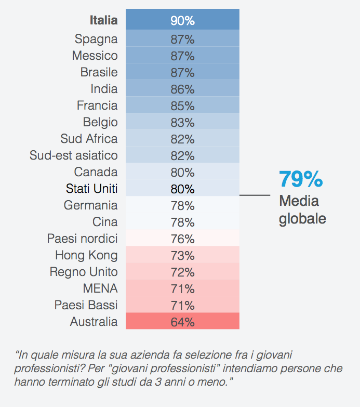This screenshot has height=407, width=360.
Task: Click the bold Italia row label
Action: click(x=103, y=21)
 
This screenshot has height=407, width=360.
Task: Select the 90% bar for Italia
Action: click(x=182, y=21)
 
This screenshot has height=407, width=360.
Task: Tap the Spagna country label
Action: click(x=96, y=39)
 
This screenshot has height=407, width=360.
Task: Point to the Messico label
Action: click(x=95, y=56)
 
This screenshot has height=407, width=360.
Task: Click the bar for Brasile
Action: click(x=182, y=72)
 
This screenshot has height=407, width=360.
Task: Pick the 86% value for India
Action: click(x=182, y=89)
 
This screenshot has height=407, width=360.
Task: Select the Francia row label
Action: click(x=97, y=106)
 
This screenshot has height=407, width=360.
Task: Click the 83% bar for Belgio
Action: click(x=182, y=122)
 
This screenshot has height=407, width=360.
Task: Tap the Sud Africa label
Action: click(x=89, y=139)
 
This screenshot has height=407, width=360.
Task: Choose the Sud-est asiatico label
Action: click(x=74, y=155)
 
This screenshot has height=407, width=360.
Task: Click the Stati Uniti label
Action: click(x=92, y=188)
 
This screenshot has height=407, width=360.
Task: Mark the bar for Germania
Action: click(x=182, y=205)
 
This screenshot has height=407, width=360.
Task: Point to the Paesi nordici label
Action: click(x=83, y=239)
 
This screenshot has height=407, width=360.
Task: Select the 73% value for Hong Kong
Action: click(x=182, y=255)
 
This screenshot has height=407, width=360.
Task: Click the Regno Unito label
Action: click(x=84, y=272)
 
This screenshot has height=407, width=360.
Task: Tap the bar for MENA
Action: click(x=182, y=288)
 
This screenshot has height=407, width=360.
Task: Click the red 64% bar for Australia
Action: click(x=182, y=322)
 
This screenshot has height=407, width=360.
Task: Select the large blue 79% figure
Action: click(x=301, y=179)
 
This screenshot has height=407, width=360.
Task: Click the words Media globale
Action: click(x=302, y=209)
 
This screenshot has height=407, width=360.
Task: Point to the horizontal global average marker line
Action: click(x=255, y=195)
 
